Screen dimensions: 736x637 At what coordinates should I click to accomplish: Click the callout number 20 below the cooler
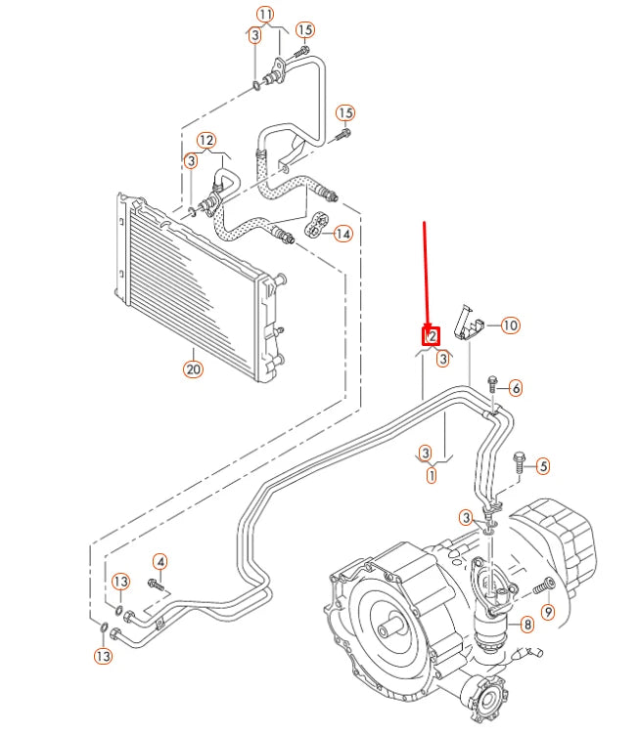click(x=192, y=368)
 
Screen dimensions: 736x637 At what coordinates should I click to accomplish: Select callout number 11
click(x=266, y=14)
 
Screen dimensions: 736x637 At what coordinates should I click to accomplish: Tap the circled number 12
click(x=205, y=140)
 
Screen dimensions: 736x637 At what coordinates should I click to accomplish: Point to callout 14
click(x=342, y=234)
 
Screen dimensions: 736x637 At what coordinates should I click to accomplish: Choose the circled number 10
click(x=510, y=325)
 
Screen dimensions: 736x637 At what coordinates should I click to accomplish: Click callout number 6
click(x=516, y=388)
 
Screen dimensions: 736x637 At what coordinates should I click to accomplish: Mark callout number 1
click(x=431, y=476)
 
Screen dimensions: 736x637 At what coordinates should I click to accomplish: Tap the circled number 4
click(x=159, y=561)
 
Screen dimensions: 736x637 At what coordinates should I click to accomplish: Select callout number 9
click(x=547, y=612)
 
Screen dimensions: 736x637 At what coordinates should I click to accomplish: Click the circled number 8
click(x=526, y=624)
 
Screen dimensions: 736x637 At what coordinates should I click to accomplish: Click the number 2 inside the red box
click(x=431, y=336)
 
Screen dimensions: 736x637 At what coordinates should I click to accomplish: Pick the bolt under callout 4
click(x=156, y=584)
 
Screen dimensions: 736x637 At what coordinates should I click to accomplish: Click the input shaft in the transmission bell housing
click(x=396, y=621)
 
